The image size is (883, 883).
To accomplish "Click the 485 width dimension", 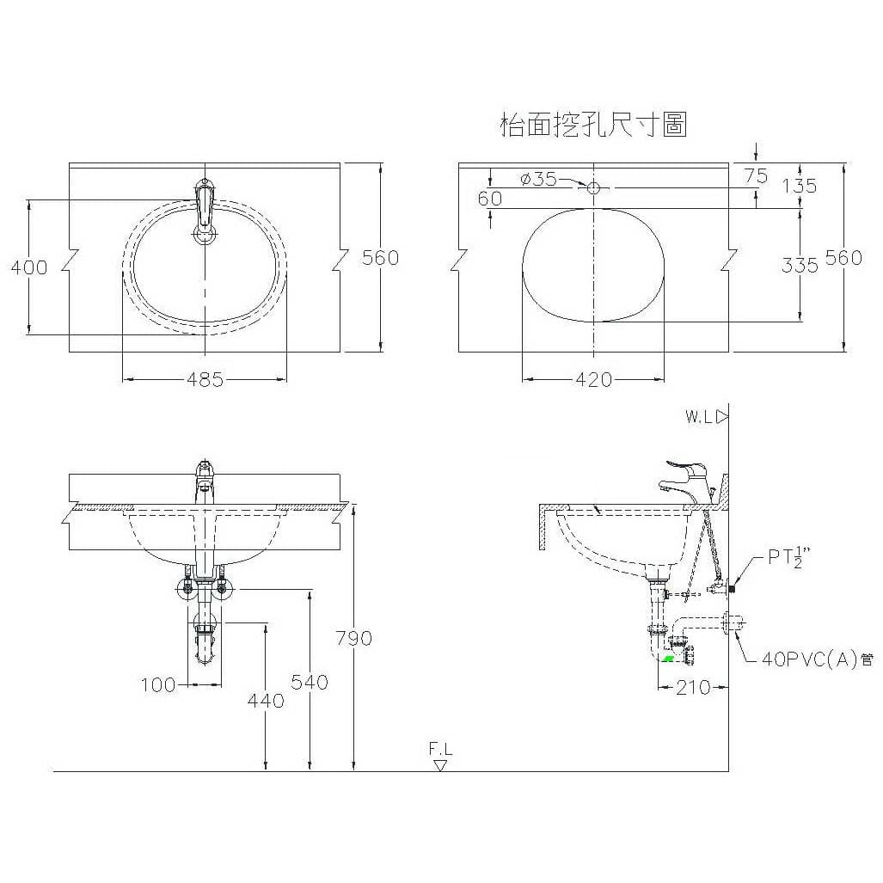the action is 205,379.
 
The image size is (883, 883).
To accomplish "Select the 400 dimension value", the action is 29,267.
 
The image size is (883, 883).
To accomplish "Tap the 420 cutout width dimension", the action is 593,379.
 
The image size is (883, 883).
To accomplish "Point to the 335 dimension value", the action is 800,265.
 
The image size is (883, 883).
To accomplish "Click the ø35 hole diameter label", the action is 539,179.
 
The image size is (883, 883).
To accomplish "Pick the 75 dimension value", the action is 756,176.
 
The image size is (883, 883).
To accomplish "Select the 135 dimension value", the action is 800,185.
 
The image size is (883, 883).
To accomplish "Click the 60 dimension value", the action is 490,199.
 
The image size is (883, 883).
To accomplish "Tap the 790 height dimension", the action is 353,638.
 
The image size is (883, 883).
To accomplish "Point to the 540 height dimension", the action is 310,682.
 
